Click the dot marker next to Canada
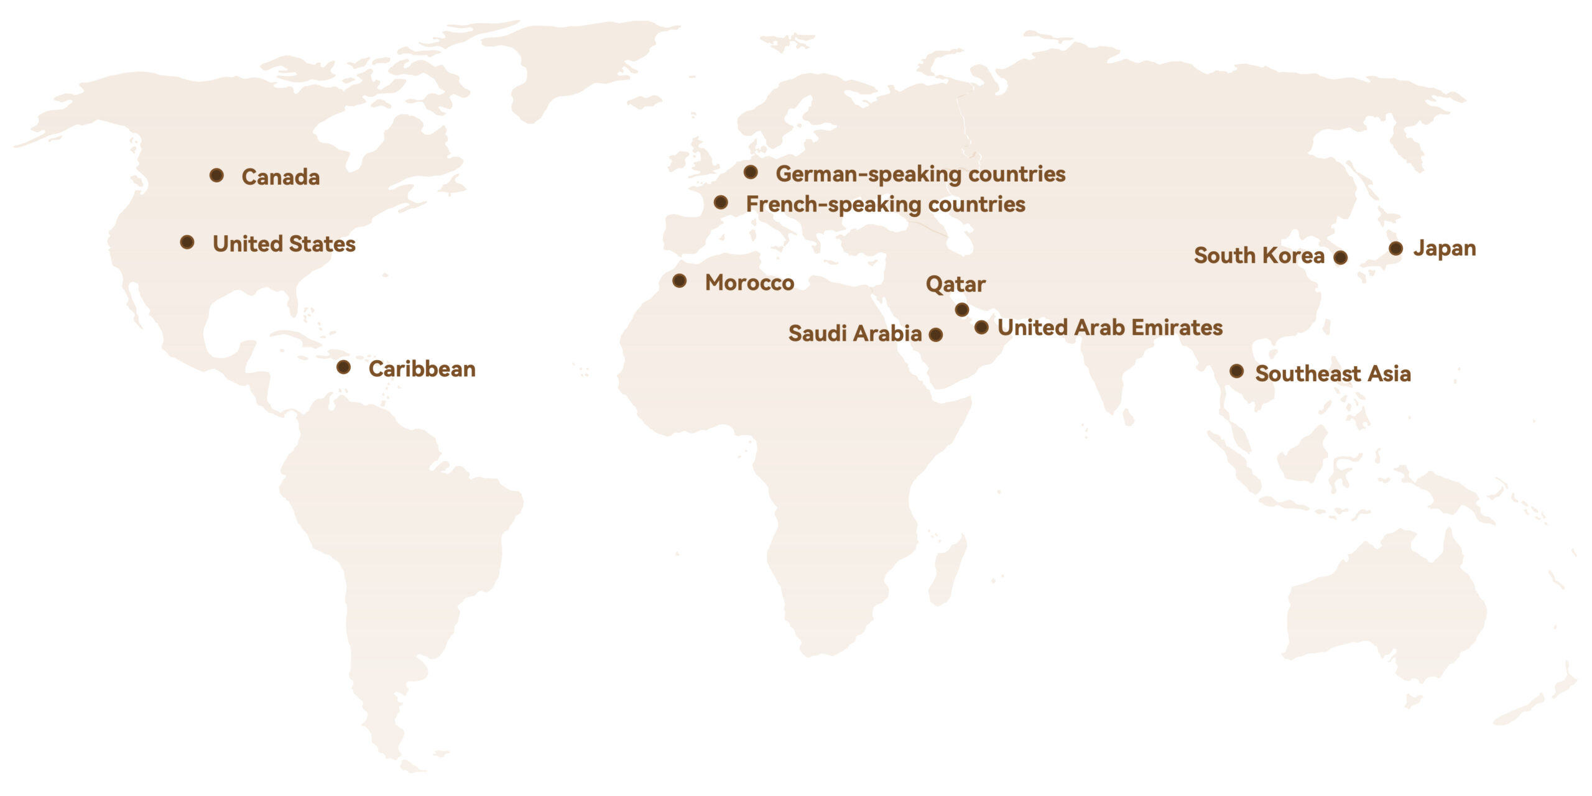pyautogui.click(x=216, y=175)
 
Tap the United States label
pyautogui.click(x=284, y=244)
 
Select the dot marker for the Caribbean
pyautogui.click(x=343, y=367)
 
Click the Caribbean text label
pyautogui.click(x=422, y=369)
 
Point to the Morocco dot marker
pyautogui.click(x=680, y=281)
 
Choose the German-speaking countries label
pyautogui.click(x=920, y=174)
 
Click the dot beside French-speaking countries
pyautogui.click(x=721, y=202)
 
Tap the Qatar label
pyautogui.click(x=956, y=285)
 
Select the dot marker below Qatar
pyautogui.click(x=962, y=309)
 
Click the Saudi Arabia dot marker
pyautogui.click(x=935, y=335)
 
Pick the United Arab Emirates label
pyautogui.click(x=1110, y=328)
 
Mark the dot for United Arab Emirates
pyautogui.click(x=981, y=327)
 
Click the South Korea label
pyautogui.click(x=1259, y=256)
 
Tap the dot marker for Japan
pyautogui.click(x=1395, y=249)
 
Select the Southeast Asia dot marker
pyautogui.click(x=1237, y=371)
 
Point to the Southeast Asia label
pyautogui.click(x=1333, y=374)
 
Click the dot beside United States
pyautogui.click(x=187, y=242)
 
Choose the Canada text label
pyautogui.click(x=280, y=177)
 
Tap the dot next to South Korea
pyautogui.click(x=1341, y=257)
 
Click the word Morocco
pyautogui.click(x=749, y=283)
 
